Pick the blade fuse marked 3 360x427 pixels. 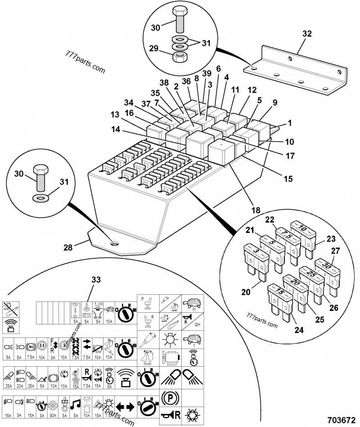pos(255,254)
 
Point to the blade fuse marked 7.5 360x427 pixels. pos(288,236)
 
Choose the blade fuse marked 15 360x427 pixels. pos(279,295)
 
